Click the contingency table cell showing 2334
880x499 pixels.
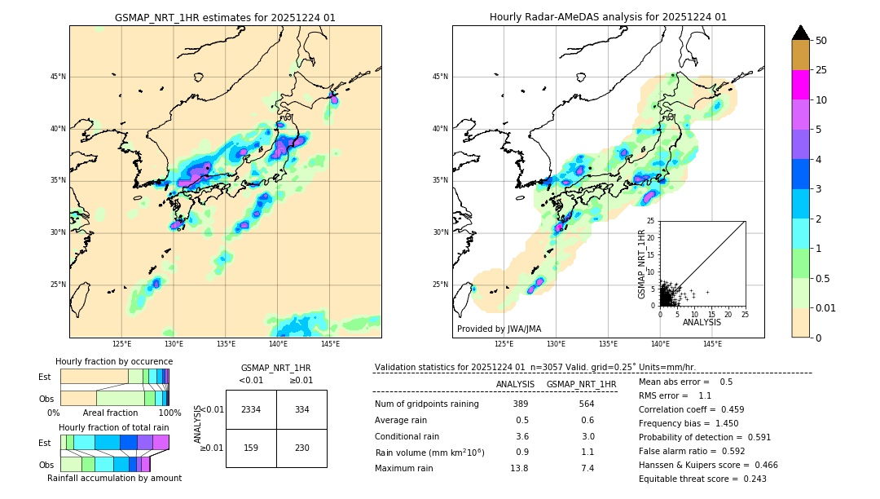pyautogui.click(x=251, y=409)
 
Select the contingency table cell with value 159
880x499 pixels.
pyautogui.click(x=251, y=448)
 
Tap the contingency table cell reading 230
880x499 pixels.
pyautogui.click(x=301, y=448)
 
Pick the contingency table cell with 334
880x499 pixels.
pyautogui.click(x=301, y=409)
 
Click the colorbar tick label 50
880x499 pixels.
pyautogui.click(x=821, y=41)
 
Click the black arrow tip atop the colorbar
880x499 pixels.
pyautogui.click(x=801, y=31)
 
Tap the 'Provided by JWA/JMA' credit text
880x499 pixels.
pyautogui.click(x=499, y=329)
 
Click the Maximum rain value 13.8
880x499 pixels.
pyautogui.click(x=519, y=468)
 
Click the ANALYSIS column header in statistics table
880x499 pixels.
pyautogui.click(x=515, y=384)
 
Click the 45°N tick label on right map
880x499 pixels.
pyautogui.click(x=440, y=77)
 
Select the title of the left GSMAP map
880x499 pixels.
pyautogui.click(x=225, y=17)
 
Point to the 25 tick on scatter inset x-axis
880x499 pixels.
pyautogui.click(x=745, y=314)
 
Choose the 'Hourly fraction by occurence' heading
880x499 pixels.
pyautogui.click(x=114, y=361)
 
